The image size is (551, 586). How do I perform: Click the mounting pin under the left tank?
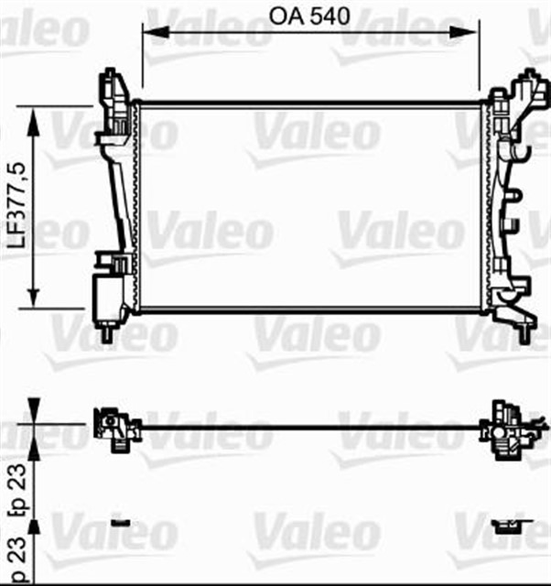pyautogui.click(x=109, y=334)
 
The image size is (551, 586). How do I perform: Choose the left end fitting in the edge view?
pyautogui.click(x=114, y=428)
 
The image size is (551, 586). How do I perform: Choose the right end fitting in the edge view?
pyautogui.click(x=503, y=428)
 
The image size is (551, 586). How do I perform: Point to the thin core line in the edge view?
pyautogui.click(x=311, y=426)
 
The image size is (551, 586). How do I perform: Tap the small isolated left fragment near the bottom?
pyautogui.click(x=120, y=523)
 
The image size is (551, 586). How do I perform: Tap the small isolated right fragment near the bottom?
pyautogui.click(x=504, y=525)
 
